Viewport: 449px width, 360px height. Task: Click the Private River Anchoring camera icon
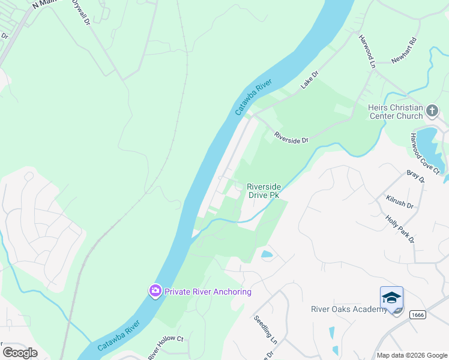[x=155, y=291]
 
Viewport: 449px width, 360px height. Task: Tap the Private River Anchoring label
[x=206, y=292]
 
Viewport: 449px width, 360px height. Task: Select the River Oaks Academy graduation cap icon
[x=391, y=298]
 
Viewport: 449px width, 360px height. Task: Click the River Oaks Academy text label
[x=349, y=309]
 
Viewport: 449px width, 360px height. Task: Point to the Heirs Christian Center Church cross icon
[x=432, y=110]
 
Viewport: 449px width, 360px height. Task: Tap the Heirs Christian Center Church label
[x=396, y=112]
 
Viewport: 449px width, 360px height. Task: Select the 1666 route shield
[x=418, y=314]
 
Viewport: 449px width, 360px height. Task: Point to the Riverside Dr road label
[x=291, y=137]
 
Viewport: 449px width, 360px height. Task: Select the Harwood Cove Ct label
[x=425, y=154]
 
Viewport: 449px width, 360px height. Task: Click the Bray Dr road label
[x=415, y=176]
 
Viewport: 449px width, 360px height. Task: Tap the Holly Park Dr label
[x=400, y=230]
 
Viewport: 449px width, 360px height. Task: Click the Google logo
[x=20, y=352]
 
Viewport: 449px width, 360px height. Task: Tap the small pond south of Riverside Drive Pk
[x=267, y=254]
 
